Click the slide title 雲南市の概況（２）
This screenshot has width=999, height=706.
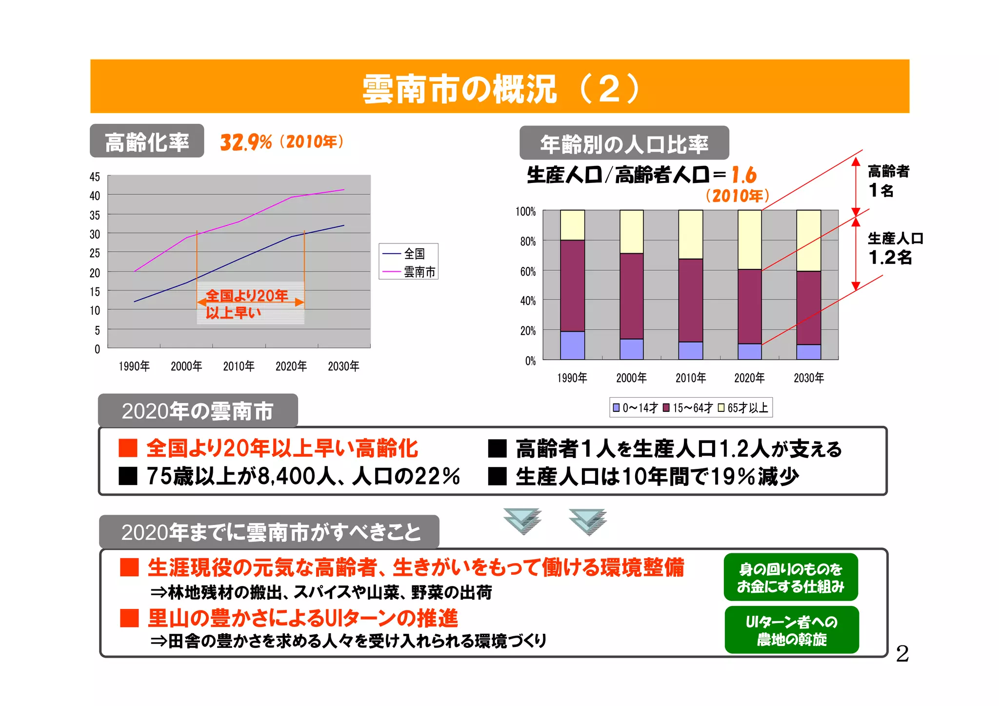(x=499, y=88)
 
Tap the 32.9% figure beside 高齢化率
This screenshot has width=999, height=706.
(x=245, y=142)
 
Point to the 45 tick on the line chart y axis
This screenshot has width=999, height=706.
(x=95, y=177)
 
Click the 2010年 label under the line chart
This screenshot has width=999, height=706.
(x=239, y=366)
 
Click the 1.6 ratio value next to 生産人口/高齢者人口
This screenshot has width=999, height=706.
(x=743, y=175)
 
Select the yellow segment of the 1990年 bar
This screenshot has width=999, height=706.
(x=572, y=225)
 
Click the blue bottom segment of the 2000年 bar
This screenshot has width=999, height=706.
(x=631, y=349)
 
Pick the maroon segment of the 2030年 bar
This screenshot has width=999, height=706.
(x=808, y=307)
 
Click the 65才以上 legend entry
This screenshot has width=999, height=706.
(x=743, y=408)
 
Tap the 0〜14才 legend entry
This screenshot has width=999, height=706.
(x=635, y=408)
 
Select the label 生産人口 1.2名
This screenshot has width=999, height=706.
(x=894, y=248)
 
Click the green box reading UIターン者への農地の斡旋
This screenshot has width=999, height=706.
(x=791, y=630)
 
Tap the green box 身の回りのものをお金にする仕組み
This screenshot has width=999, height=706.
(x=790, y=577)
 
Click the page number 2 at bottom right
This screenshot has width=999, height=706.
(x=902, y=654)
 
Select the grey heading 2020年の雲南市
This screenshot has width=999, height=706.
(x=198, y=411)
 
